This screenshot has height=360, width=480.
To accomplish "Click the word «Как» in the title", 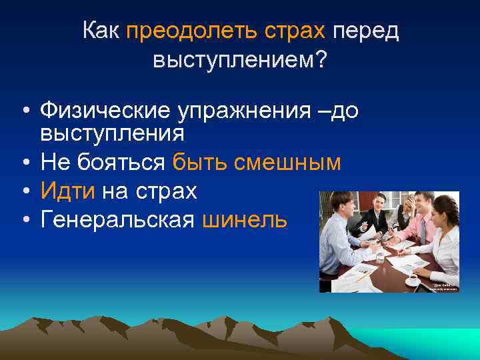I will (101, 31).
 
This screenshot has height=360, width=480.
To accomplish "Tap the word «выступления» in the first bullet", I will (112, 133).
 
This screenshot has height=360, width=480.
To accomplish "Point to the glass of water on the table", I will (379, 256).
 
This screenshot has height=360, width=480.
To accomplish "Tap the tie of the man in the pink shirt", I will (422, 227).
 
